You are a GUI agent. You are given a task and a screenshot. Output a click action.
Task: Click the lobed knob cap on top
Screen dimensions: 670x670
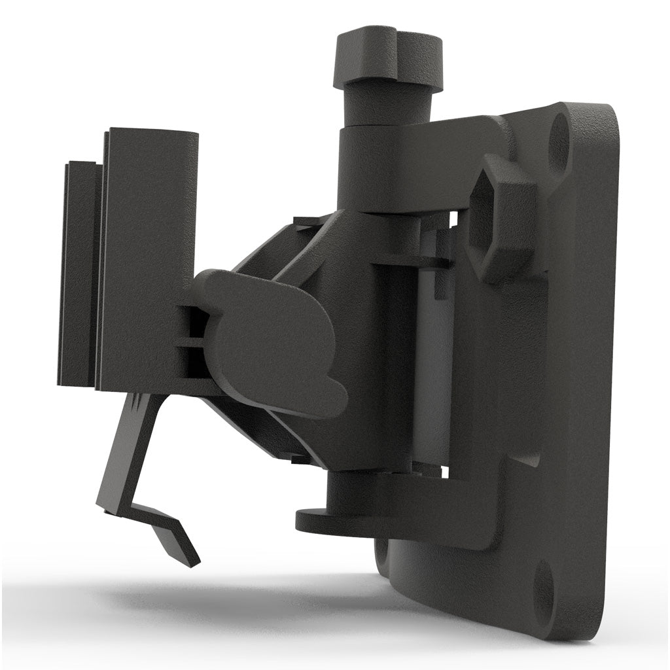pos(387,56)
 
